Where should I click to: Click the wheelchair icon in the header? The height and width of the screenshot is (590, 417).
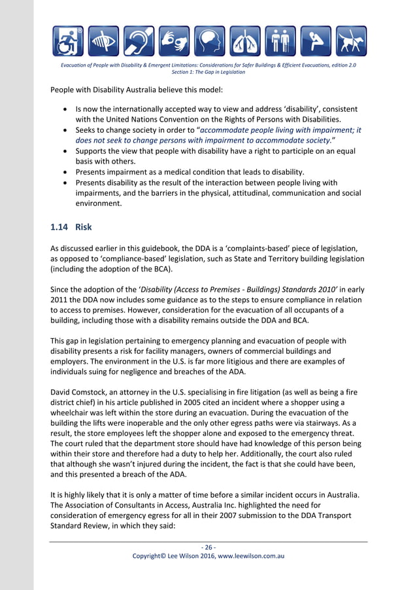tap(68, 41)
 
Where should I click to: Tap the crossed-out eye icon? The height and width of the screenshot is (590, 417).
tap(103, 41)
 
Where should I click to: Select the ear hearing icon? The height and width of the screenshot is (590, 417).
tap(139, 41)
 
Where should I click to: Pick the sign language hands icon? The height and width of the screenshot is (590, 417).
tap(174, 41)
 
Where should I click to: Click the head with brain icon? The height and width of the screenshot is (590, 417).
tap(209, 41)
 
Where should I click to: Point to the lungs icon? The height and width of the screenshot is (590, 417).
tap(245, 41)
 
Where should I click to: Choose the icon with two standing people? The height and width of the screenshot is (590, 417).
tap(280, 41)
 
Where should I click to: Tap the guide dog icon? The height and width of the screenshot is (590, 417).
tap(351, 41)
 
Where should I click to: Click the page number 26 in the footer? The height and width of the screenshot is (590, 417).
tap(208, 547)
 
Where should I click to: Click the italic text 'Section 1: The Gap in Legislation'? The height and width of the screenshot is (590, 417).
tap(208, 72)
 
